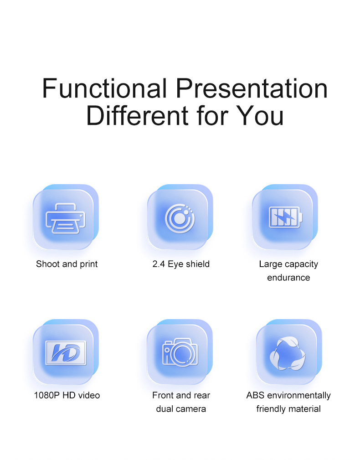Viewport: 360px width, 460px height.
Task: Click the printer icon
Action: (x=66, y=218)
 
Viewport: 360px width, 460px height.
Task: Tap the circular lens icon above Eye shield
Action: (x=180, y=218)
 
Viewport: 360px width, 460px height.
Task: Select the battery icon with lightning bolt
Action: (x=286, y=217)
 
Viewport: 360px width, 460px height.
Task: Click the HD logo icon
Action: (x=66, y=353)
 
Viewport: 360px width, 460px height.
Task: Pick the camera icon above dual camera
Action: (x=180, y=352)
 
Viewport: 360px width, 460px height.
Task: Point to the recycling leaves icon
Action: (x=288, y=353)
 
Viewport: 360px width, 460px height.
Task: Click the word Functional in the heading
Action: (x=104, y=88)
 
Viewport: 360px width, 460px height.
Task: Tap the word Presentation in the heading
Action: (x=252, y=88)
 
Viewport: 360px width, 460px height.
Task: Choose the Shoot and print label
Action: (x=67, y=264)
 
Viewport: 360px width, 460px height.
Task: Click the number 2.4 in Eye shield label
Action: (x=159, y=264)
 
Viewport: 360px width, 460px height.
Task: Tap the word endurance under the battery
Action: (x=288, y=278)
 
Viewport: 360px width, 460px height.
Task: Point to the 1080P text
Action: (x=47, y=395)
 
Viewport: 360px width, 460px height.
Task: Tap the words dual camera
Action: (x=181, y=408)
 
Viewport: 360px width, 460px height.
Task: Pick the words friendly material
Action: (x=288, y=408)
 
